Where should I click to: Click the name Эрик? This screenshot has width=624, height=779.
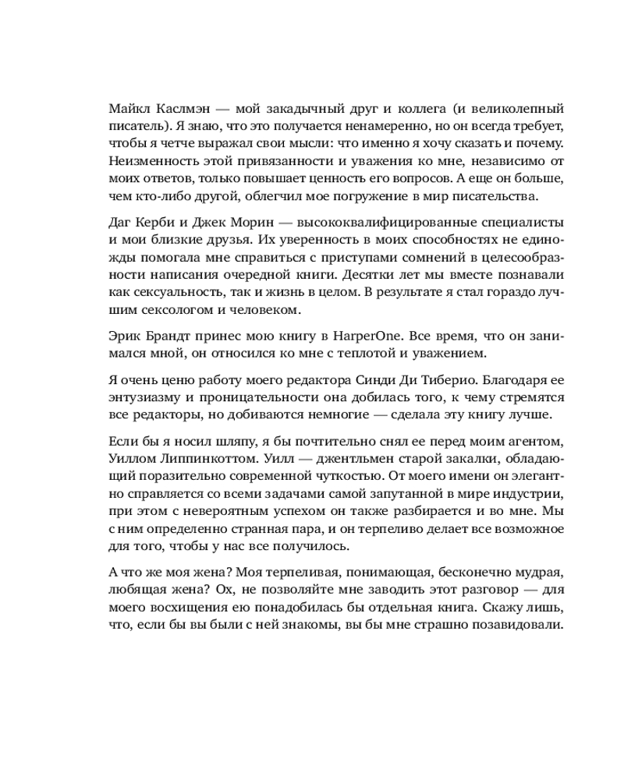(125, 337)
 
